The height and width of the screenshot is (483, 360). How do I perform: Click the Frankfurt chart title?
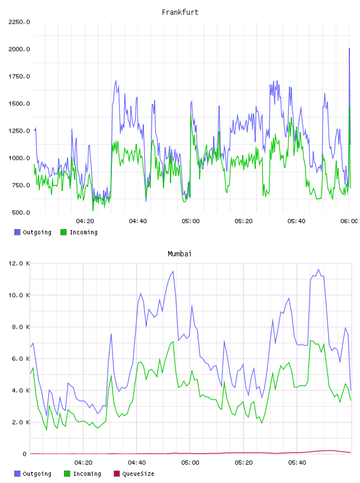click(x=180, y=12)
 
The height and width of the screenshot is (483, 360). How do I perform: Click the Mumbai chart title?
click(x=179, y=254)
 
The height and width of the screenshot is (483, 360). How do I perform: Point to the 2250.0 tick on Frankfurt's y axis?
click(x=20, y=22)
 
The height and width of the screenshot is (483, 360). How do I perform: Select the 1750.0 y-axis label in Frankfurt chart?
click(x=20, y=76)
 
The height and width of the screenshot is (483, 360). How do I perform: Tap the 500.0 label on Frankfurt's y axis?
click(x=21, y=212)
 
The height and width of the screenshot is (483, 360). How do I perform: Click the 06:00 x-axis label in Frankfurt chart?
click(x=349, y=221)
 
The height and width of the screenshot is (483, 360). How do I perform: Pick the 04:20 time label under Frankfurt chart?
click(x=85, y=221)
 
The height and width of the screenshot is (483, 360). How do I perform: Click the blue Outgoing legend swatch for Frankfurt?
click(x=17, y=232)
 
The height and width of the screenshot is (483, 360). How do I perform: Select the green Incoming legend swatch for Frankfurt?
click(x=63, y=232)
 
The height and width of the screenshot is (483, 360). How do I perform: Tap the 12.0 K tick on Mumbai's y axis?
click(x=20, y=263)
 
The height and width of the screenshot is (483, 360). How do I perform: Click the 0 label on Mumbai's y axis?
click(x=25, y=454)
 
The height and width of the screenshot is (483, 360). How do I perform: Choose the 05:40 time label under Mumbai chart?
click(x=297, y=463)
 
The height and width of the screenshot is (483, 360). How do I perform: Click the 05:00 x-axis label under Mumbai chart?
click(x=190, y=463)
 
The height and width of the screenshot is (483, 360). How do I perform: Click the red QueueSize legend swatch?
click(x=117, y=474)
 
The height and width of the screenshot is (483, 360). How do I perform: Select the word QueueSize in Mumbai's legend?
click(x=138, y=474)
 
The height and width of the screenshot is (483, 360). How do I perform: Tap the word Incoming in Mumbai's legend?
click(x=87, y=474)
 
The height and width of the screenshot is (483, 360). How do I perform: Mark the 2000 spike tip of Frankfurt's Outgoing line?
click(x=349, y=49)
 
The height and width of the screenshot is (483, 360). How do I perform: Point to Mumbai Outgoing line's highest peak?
click(x=319, y=269)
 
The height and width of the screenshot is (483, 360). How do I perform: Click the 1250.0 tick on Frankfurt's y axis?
click(x=20, y=131)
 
